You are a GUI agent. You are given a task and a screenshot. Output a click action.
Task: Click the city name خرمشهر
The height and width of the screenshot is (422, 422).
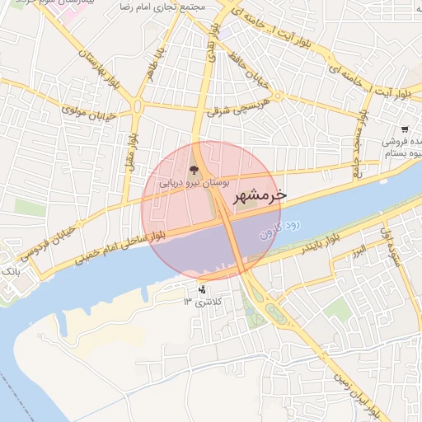click(260, 196)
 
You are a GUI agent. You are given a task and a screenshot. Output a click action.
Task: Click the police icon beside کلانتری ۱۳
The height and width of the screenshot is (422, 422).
click(203, 289)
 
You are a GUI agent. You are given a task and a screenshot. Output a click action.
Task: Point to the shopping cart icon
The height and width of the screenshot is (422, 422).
click(405, 129)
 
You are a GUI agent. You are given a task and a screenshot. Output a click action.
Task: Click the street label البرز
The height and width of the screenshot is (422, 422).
click(359, 251)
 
